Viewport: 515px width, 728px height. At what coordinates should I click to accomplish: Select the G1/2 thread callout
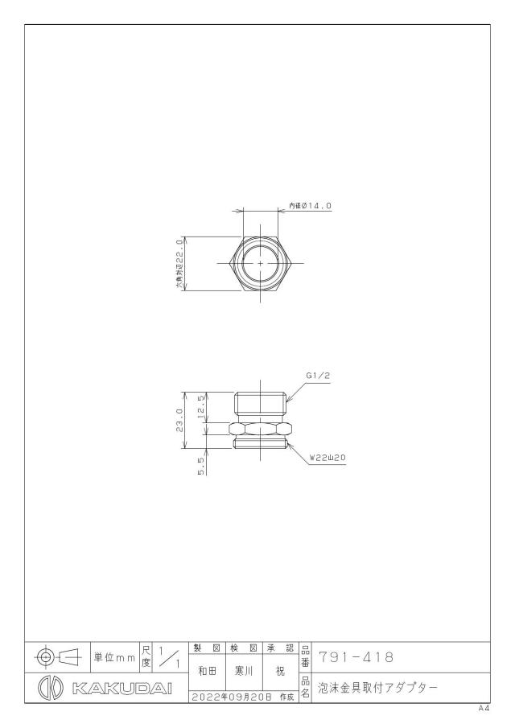click(x=318, y=376)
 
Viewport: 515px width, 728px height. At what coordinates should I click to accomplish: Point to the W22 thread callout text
click(x=328, y=458)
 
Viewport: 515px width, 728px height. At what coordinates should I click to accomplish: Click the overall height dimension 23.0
click(x=179, y=420)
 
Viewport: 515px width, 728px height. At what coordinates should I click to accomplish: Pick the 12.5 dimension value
click(x=201, y=407)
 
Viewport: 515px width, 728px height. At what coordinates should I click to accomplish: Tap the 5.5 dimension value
click(x=201, y=465)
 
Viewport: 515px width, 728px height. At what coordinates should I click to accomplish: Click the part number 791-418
click(x=356, y=657)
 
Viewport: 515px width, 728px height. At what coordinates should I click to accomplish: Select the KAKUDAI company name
click(x=122, y=688)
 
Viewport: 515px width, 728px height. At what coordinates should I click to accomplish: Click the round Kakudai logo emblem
click(x=50, y=688)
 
